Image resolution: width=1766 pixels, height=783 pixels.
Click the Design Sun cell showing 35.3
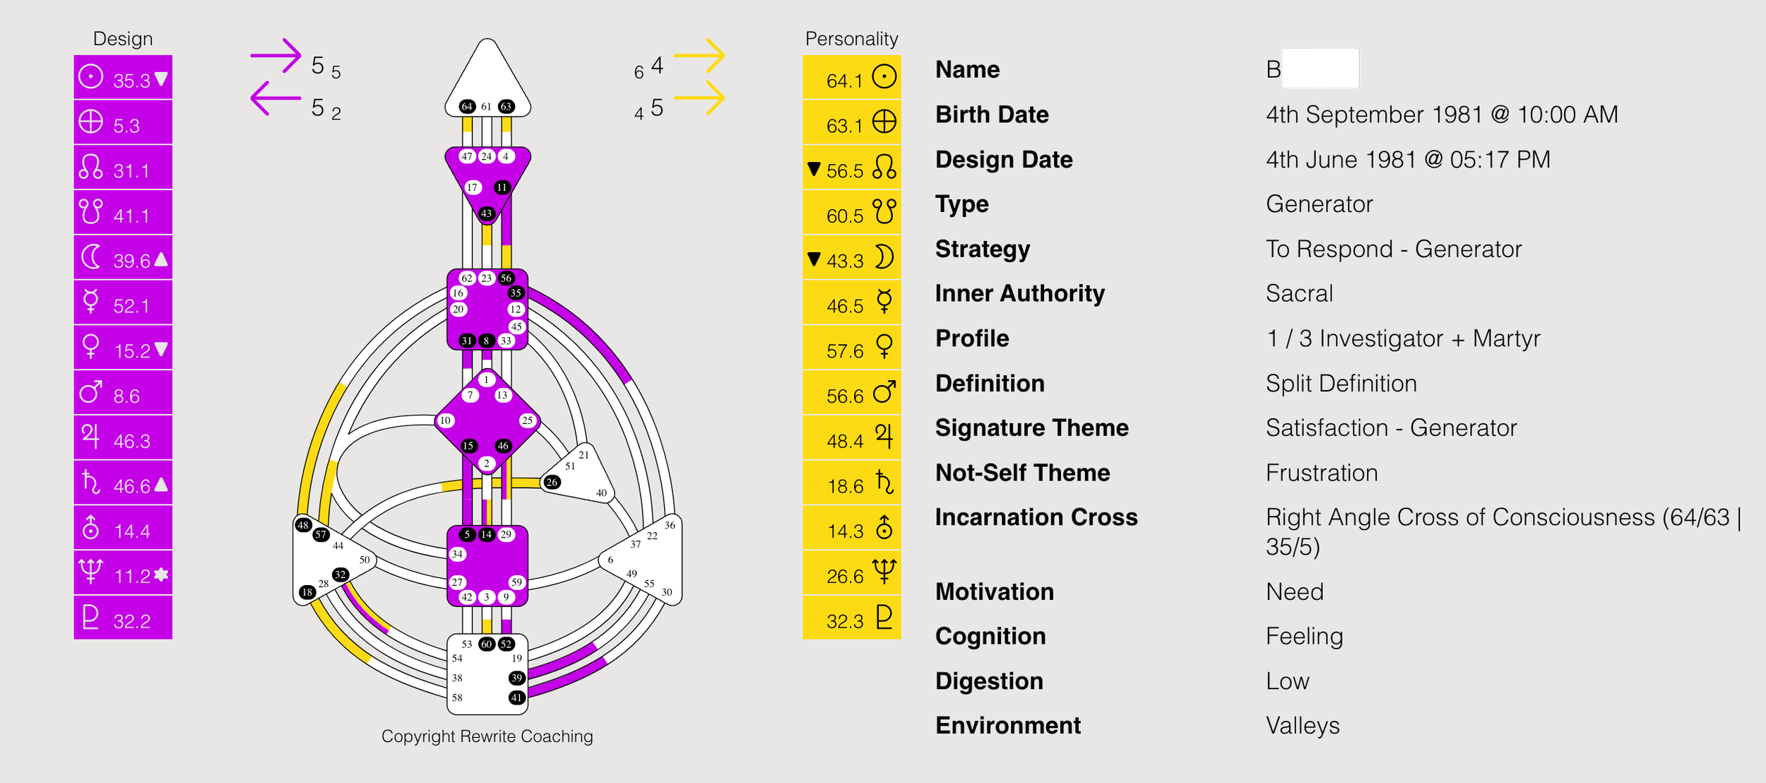[x=123, y=78]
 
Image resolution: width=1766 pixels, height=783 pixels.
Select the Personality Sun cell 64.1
[x=851, y=78]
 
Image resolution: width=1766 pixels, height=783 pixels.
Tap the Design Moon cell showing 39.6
[x=123, y=259]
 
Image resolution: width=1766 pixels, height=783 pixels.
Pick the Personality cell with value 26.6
[x=851, y=574]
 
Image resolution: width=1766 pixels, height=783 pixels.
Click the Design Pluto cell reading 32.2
[x=123, y=619]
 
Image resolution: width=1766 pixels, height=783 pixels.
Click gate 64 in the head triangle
[x=467, y=107]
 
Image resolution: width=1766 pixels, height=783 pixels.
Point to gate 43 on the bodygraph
[x=487, y=213]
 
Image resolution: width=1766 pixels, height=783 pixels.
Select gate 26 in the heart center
[x=552, y=482]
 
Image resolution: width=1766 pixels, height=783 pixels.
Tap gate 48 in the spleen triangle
[x=303, y=525]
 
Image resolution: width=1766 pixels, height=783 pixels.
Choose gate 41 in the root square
[x=517, y=697]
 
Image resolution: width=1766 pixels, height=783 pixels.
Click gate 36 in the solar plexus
[x=670, y=525]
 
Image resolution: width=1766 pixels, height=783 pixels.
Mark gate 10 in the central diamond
[x=445, y=420]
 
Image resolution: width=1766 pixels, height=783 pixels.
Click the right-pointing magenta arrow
[x=276, y=56]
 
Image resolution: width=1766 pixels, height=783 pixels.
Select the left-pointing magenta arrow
[x=276, y=98]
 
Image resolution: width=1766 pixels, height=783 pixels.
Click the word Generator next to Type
[x=1319, y=204]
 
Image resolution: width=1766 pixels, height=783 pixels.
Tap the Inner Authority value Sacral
[x=1299, y=293]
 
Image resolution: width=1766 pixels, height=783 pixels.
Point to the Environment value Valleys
[x=1302, y=726]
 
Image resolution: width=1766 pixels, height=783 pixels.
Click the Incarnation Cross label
[x=1036, y=517]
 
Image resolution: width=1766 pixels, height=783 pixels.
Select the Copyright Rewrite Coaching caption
[x=487, y=736]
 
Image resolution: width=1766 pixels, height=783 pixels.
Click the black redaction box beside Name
[x=1320, y=69]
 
